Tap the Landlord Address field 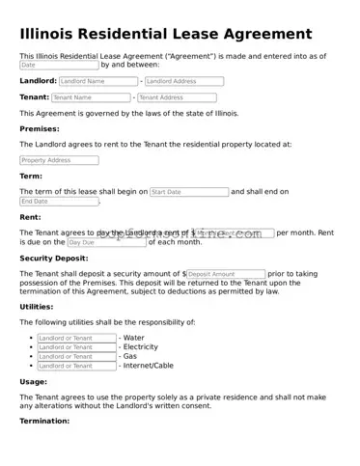tap(183, 82)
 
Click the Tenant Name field tap(90, 97)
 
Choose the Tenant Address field tap(177, 97)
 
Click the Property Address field tap(59, 160)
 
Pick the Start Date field tap(189, 192)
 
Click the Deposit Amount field tap(226, 275)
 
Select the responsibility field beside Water tap(76, 338)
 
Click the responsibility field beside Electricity tap(76, 347)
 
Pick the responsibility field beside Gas tap(76, 357)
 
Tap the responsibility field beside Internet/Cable tap(76, 367)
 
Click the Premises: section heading tap(40, 128)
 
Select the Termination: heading tap(45, 421)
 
